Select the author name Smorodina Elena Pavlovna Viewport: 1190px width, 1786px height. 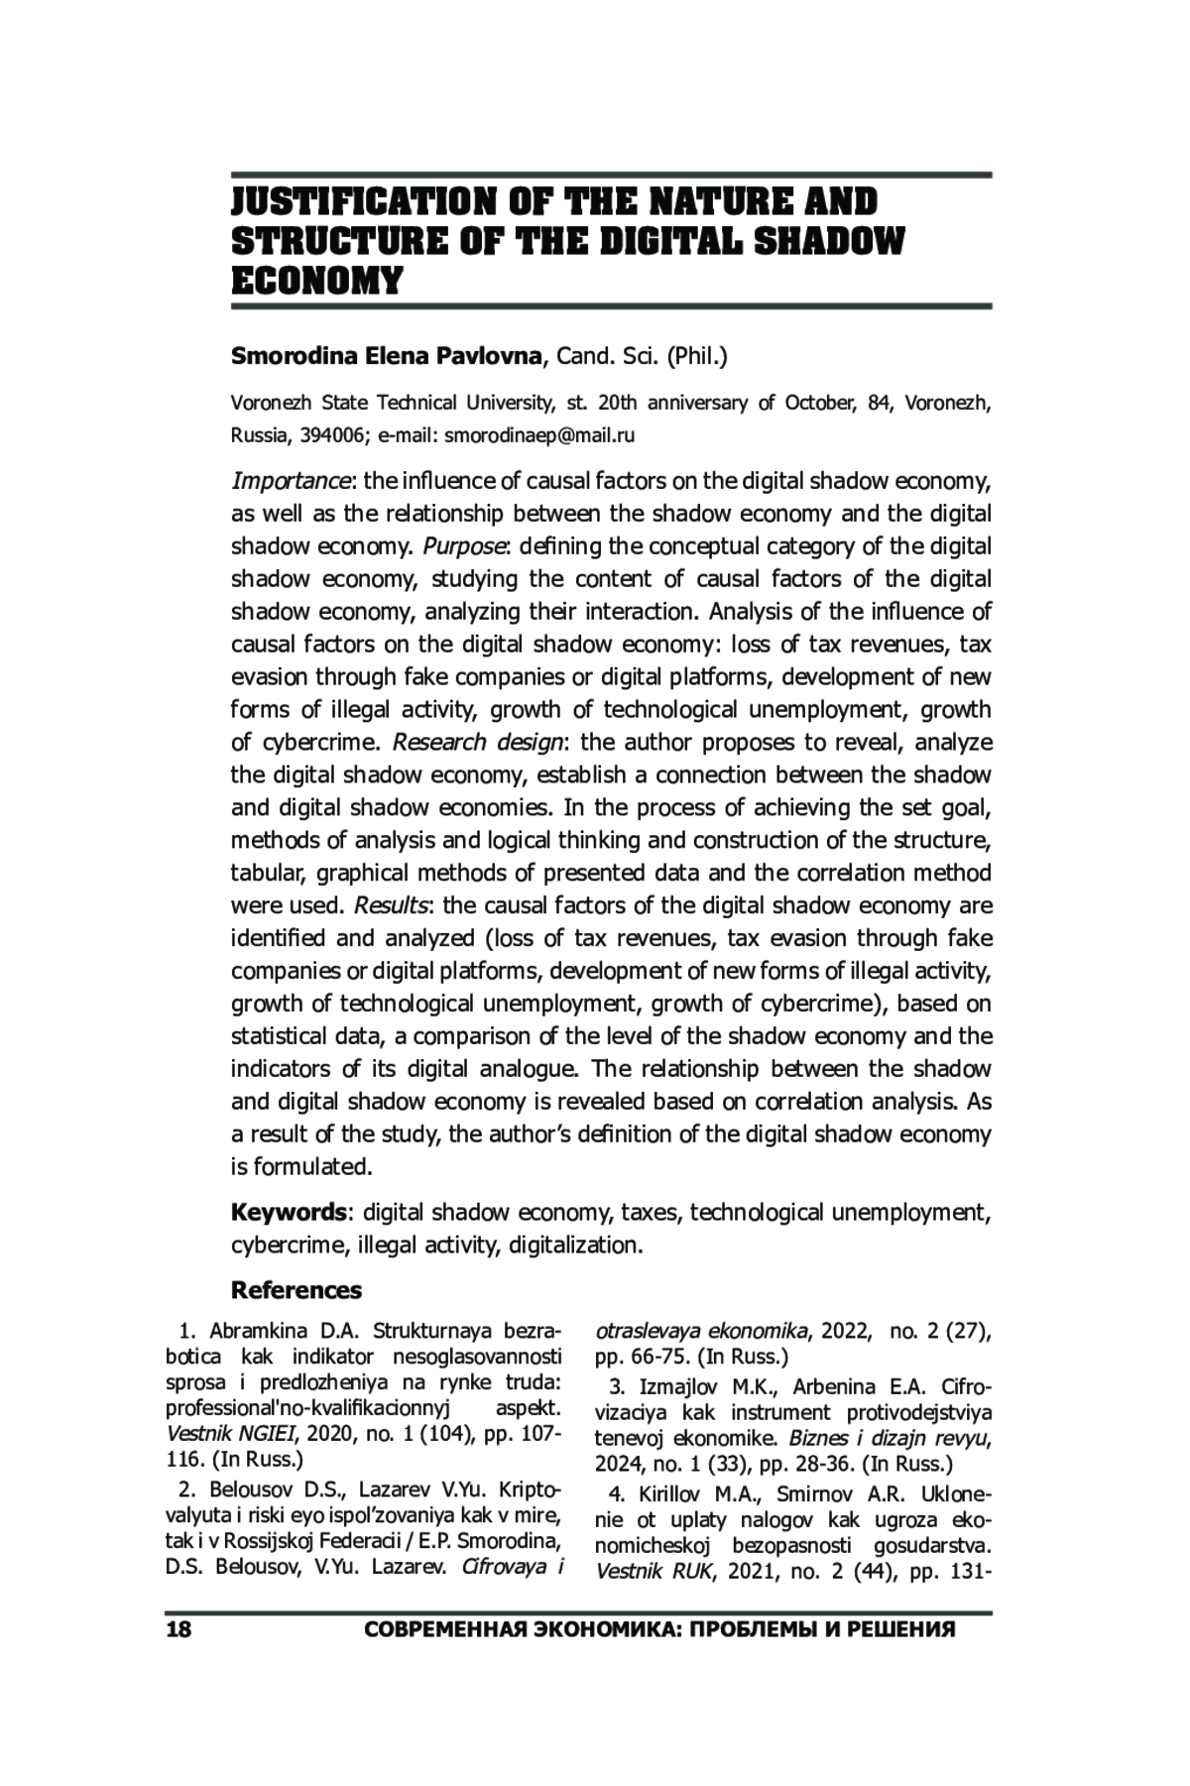(x=388, y=356)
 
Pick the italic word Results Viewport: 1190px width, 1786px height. (x=391, y=906)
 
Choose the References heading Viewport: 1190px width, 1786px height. (x=297, y=1290)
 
